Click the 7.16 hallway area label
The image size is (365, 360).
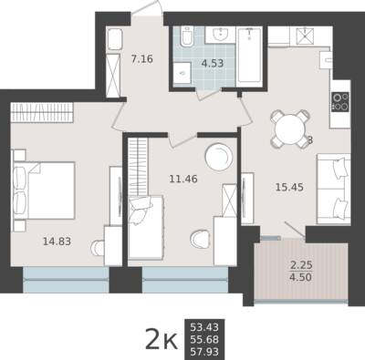pos(142,58)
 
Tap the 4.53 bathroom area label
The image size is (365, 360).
pos(213,64)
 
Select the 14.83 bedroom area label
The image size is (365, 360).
pos(57,242)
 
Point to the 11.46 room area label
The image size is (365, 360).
pos(183,179)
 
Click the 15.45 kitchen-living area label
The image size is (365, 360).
pos(289,187)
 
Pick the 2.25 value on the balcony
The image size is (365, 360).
pos(301,265)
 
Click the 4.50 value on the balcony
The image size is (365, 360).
pos(301,277)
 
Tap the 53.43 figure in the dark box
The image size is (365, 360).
pos(204,327)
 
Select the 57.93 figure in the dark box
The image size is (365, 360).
pos(204,352)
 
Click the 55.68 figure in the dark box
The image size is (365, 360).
pos(204,340)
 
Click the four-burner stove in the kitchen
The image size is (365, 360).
pos(340,102)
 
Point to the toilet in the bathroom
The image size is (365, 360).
pos(187,36)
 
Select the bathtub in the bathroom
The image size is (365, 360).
pos(249,55)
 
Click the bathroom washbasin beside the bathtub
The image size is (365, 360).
pos(220,35)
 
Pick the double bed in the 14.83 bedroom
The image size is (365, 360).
pos(44,190)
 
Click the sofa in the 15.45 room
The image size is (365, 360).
pos(334,189)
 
